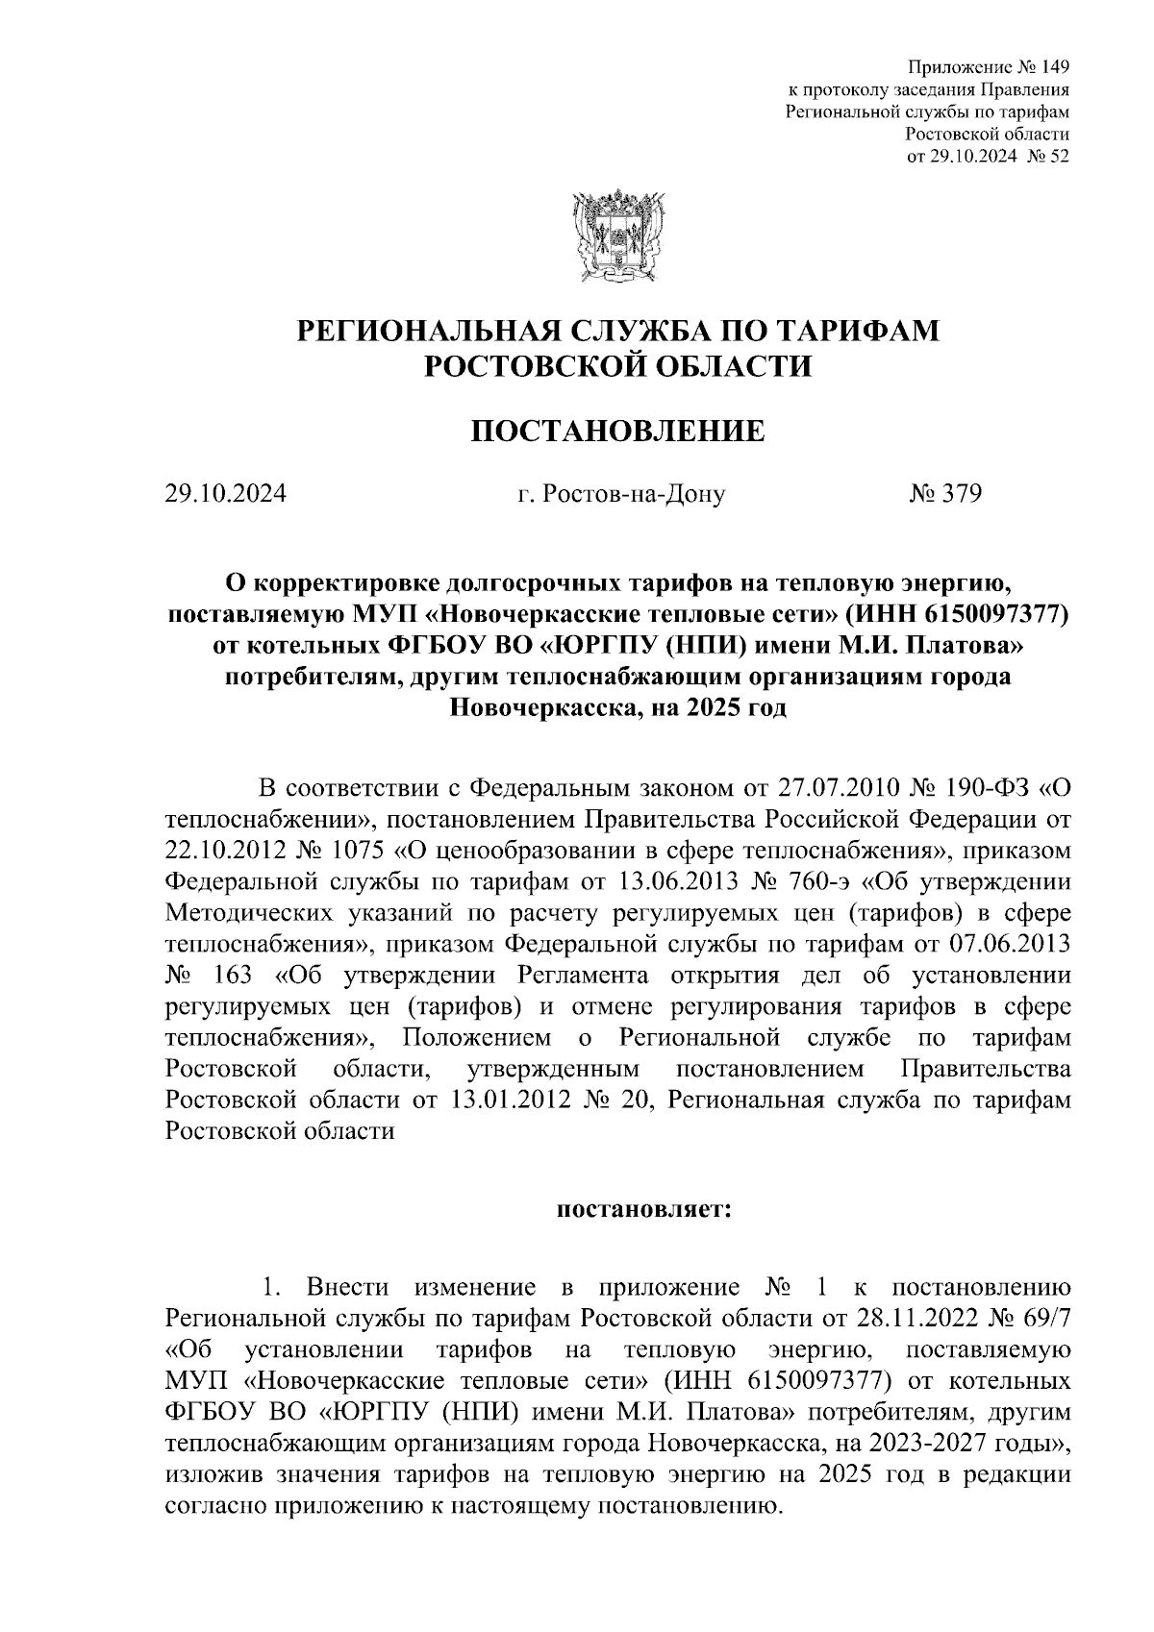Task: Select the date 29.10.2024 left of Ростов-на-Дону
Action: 225,495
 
